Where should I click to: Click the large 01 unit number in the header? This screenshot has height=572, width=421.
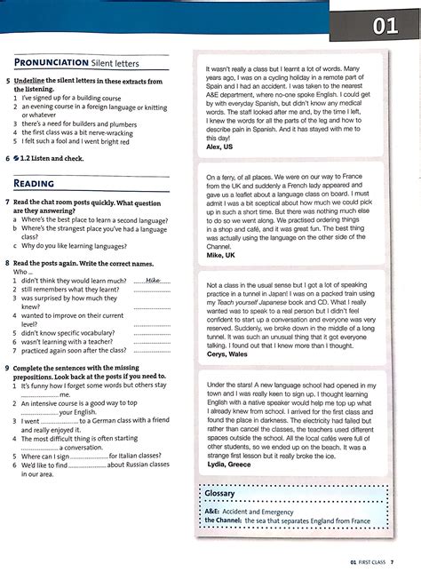coord(385,27)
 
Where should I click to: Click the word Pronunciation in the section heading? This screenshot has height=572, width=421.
coord(51,63)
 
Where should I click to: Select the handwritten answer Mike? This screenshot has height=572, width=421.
coord(155,279)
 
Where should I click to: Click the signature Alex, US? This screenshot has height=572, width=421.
coord(219,147)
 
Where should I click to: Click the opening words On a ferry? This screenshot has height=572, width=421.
coord(226,178)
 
